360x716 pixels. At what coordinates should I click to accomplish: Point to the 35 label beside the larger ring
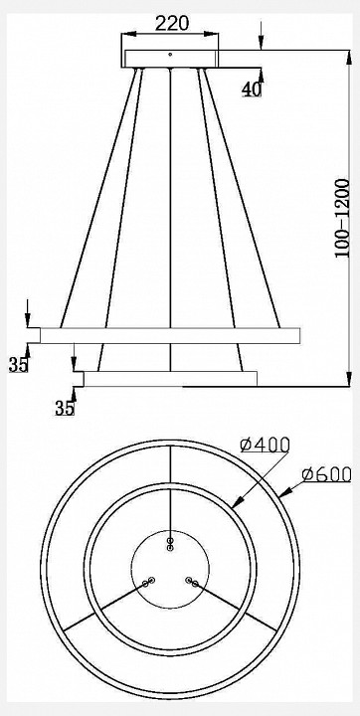click(x=18, y=364)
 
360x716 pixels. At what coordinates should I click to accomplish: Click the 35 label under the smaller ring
click(x=65, y=407)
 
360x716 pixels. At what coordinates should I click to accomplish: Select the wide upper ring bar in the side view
click(x=169, y=336)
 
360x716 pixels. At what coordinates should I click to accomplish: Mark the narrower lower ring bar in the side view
click(x=170, y=379)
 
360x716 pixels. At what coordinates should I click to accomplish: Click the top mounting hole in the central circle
click(x=171, y=543)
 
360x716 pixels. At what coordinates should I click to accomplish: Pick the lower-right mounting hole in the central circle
click(x=192, y=583)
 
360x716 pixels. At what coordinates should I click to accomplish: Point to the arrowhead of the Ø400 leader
click(x=235, y=506)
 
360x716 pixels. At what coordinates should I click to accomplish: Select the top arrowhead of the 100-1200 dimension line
click(x=347, y=52)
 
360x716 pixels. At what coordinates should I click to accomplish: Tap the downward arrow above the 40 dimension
click(x=262, y=43)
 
